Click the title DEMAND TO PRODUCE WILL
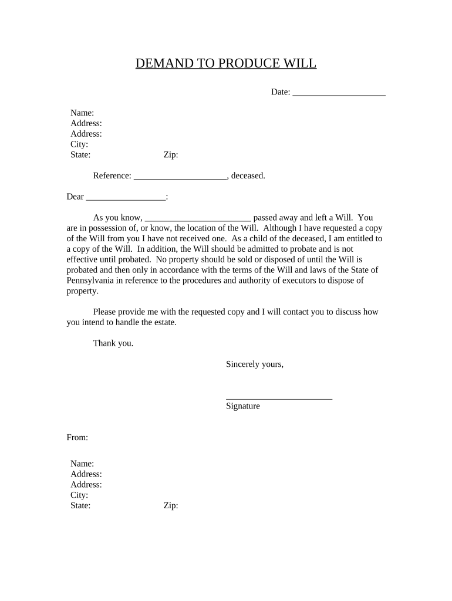tap(226, 63)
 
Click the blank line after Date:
tap(339, 93)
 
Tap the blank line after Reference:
tap(180, 176)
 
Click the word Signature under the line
tap(242, 406)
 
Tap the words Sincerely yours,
tap(255, 364)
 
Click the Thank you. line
tap(113, 343)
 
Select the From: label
tap(77, 437)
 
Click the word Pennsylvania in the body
tap(94, 281)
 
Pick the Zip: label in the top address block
tap(171, 155)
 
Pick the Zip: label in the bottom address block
tap(171, 505)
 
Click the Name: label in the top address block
tap(82, 113)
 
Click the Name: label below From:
tap(82, 464)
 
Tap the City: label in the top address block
tap(79, 144)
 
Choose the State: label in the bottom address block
tap(80, 505)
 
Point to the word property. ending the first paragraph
tap(83, 291)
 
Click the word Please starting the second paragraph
tap(106, 312)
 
